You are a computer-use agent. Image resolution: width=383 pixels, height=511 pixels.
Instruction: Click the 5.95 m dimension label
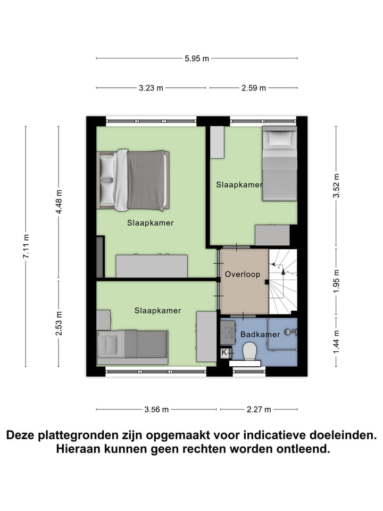pyautogui.click(x=196, y=59)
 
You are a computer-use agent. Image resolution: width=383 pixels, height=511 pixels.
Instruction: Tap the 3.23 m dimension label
pyautogui.click(x=151, y=88)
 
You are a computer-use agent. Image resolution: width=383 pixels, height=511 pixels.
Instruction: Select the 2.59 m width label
pyautogui.click(x=254, y=88)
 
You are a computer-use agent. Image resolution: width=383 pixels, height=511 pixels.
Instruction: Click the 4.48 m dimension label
pyautogui.click(x=60, y=202)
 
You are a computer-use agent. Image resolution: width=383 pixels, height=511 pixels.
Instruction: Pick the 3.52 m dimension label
pyautogui.click(x=336, y=186)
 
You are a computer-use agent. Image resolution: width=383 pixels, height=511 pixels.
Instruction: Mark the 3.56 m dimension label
pyautogui.click(x=156, y=409)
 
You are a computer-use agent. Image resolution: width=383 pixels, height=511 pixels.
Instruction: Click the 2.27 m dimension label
pyautogui.click(x=259, y=409)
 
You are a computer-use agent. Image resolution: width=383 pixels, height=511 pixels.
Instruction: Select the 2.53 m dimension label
pyautogui.click(x=60, y=323)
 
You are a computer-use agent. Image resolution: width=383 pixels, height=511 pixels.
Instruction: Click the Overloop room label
pyautogui.click(x=243, y=275)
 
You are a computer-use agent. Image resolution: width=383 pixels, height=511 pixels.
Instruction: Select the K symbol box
pyautogui.click(x=224, y=352)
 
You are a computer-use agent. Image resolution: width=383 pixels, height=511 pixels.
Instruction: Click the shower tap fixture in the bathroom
pyautogui.click(x=290, y=332)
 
